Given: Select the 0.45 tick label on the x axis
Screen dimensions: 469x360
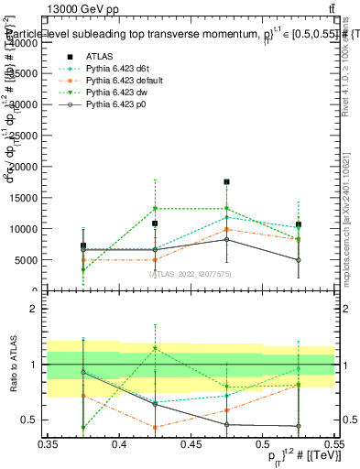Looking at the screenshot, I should (x=191, y=444).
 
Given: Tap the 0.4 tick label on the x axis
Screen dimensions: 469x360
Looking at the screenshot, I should (x=119, y=444).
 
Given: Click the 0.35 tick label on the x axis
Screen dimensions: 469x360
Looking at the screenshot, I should (x=48, y=444).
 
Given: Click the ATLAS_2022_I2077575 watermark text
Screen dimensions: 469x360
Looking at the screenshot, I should (x=191, y=273).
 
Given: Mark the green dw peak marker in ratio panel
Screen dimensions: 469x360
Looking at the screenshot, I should (x=155, y=348).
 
